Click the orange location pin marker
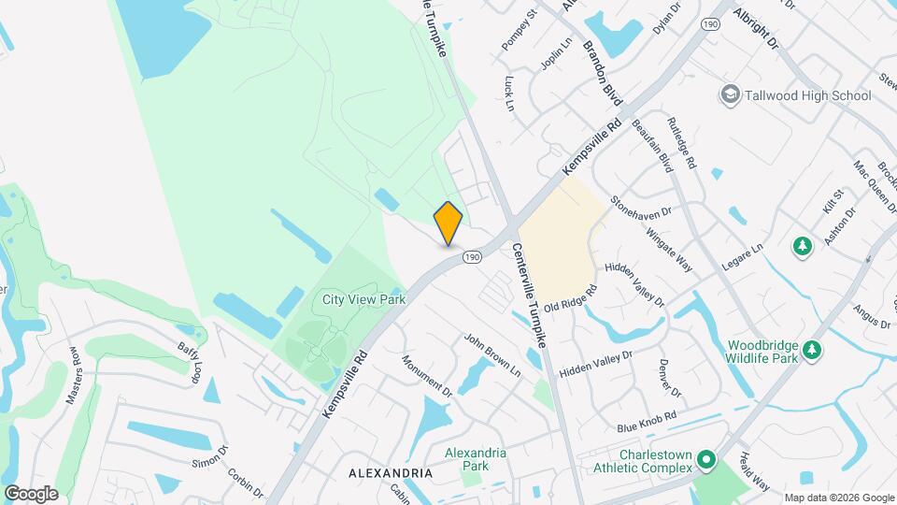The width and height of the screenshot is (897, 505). (448, 223)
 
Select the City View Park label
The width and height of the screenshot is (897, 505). (363, 299)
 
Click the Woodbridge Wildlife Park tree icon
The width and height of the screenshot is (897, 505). (813, 350)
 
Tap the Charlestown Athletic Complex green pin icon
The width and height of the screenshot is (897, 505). (707, 460)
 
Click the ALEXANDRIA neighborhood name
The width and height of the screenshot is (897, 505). (390, 474)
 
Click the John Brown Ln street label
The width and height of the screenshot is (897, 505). (491, 355)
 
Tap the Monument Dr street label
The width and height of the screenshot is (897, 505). (427, 375)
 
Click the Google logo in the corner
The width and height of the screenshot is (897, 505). (31, 493)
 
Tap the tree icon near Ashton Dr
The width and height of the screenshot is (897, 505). (802, 246)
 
